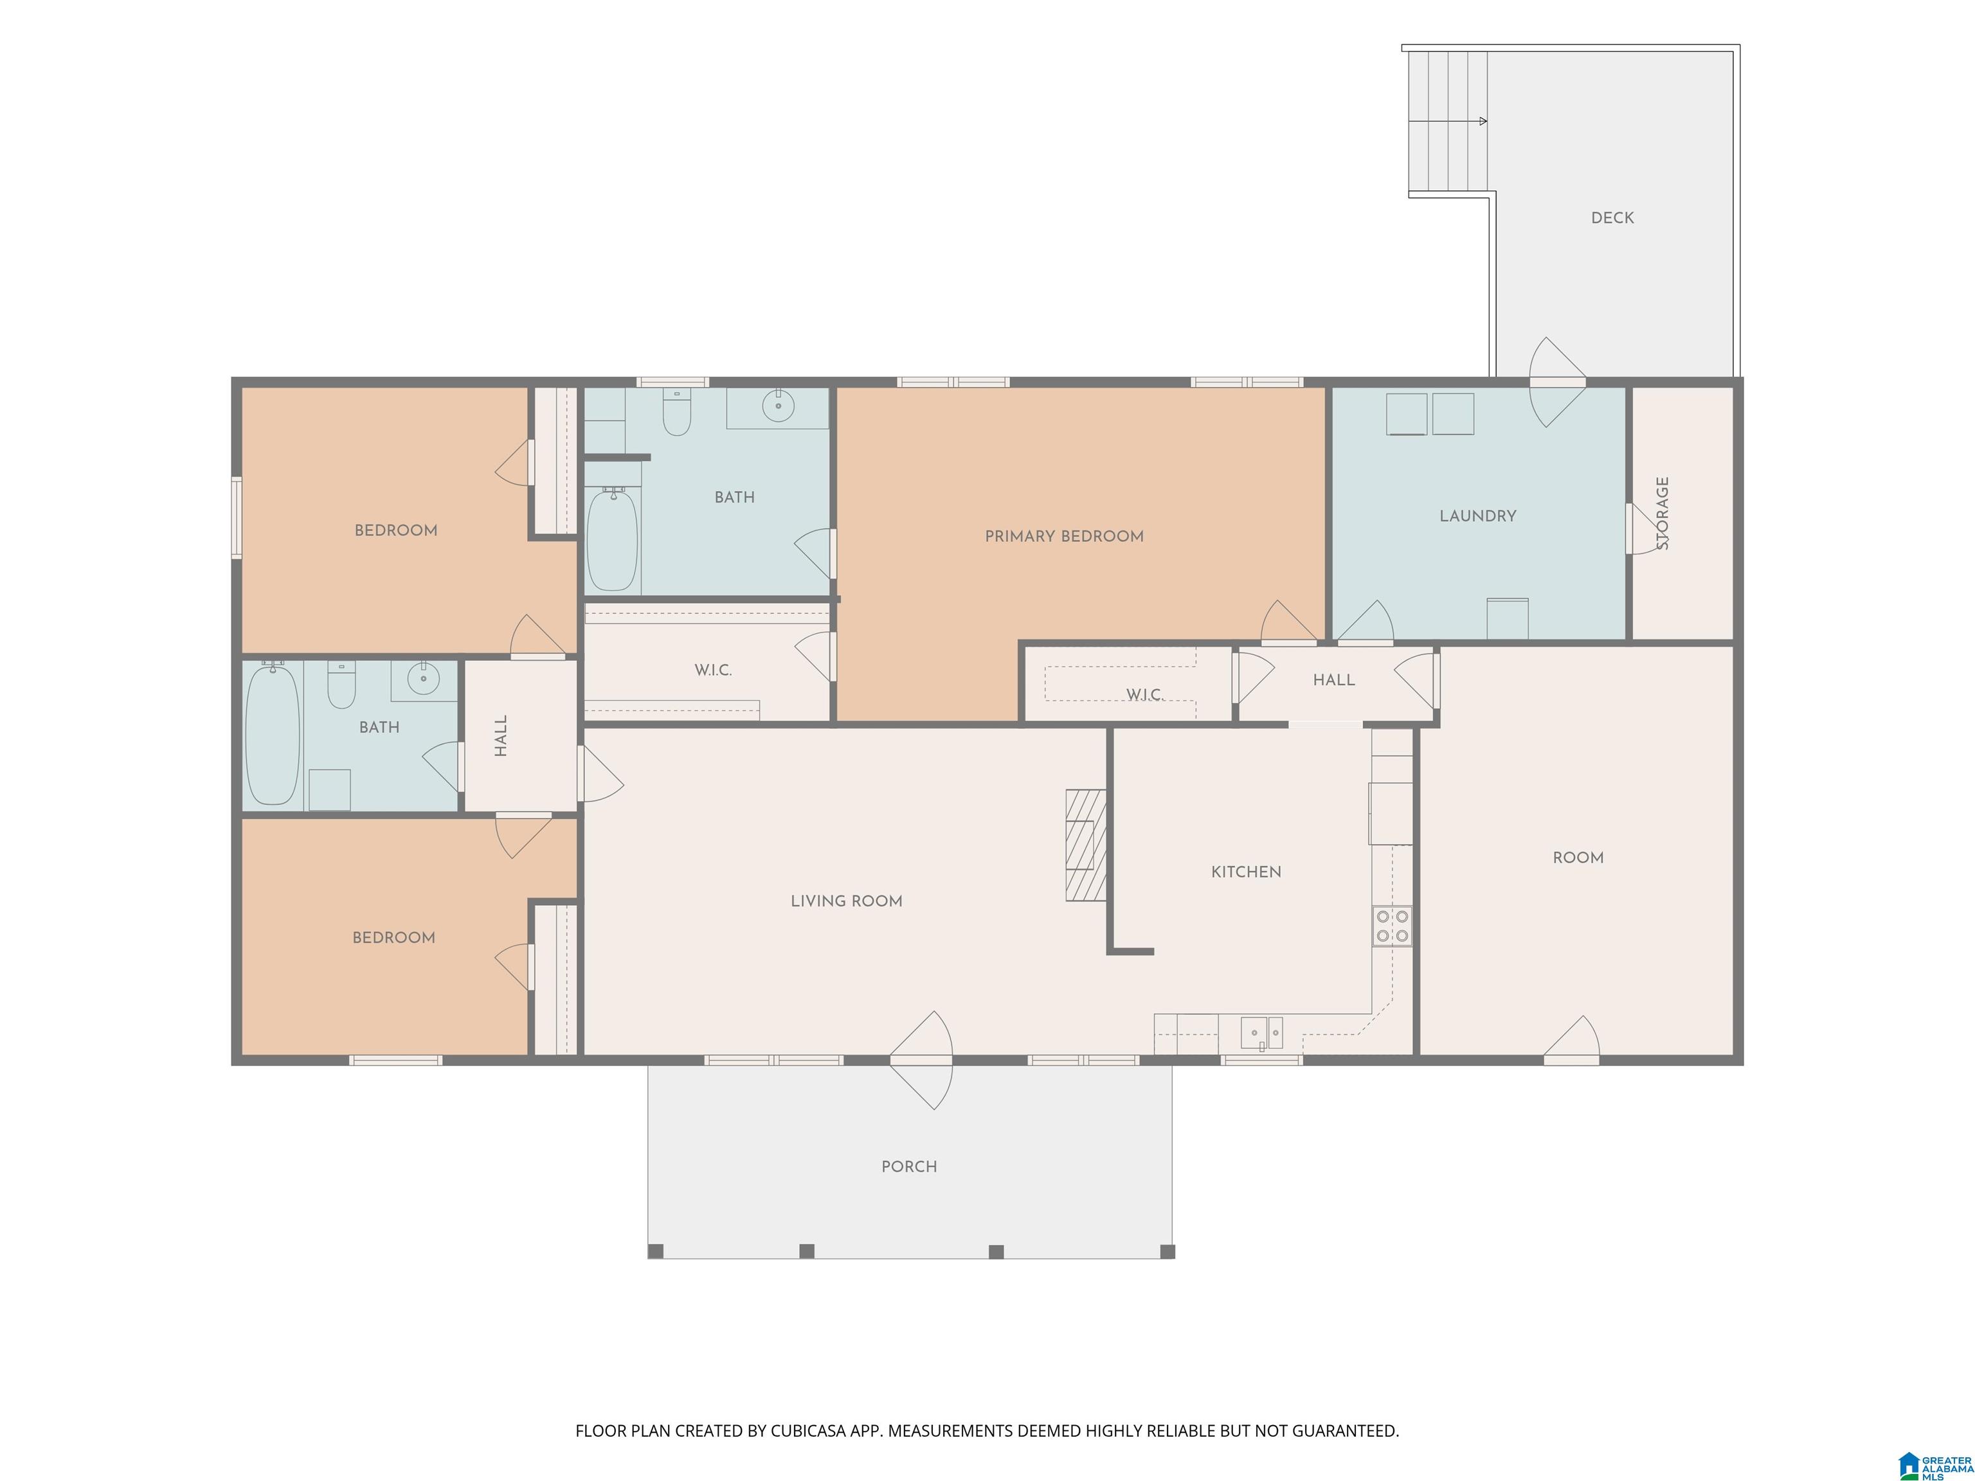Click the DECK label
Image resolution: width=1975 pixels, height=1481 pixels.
pyautogui.click(x=1612, y=218)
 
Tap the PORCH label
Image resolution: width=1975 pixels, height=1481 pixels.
pyautogui.click(x=909, y=1167)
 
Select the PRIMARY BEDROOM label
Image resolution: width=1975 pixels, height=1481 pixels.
pyautogui.click(x=1063, y=537)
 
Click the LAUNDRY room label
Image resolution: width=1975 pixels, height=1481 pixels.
pyautogui.click(x=1477, y=516)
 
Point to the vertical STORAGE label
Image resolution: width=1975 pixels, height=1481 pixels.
pyautogui.click(x=1662, y=514)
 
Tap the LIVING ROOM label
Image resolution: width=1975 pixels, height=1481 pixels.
pyautogui.click(x=847, y=902)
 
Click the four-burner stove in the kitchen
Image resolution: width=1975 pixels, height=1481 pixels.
pyautogui.click(x=1392, y=926)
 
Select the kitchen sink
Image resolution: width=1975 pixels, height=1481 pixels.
pyautogui.click(x=1261, y=1033)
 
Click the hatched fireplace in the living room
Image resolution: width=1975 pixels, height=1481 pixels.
pyautogui.click(x=1086, y=845)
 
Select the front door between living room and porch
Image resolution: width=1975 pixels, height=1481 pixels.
pyautogui.click(x=921, y=1061)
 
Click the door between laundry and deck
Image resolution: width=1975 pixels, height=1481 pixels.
pyautogui.click(x=1558, y=382)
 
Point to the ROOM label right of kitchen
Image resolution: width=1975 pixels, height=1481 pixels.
pyautogui.click(x=1578, y=858)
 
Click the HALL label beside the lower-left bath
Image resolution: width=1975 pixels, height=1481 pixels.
pyautogui.click(x=501, y=735)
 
